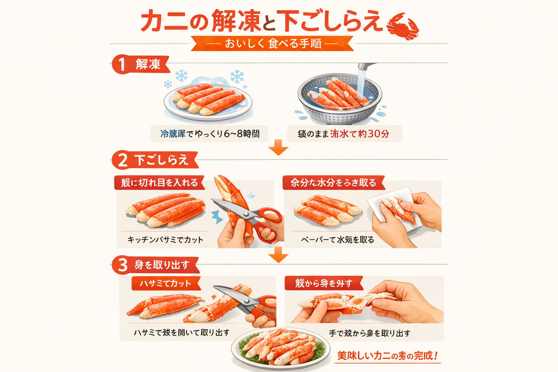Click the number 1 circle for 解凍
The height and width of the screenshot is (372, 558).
[121, 65]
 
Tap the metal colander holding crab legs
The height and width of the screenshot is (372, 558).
[339, 102]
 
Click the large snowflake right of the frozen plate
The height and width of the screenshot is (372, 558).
[237, 77]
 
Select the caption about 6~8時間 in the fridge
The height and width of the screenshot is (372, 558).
[210, 134]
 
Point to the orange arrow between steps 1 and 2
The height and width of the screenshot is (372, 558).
[278, 147]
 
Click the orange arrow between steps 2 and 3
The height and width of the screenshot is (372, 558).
[278, 255]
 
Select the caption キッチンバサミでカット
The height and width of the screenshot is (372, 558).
[165, 240]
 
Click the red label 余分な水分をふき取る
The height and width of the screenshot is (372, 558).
[333, 183]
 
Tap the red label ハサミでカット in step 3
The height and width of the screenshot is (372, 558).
[165, 283]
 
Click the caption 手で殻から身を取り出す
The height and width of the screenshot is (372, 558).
[369, 333]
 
